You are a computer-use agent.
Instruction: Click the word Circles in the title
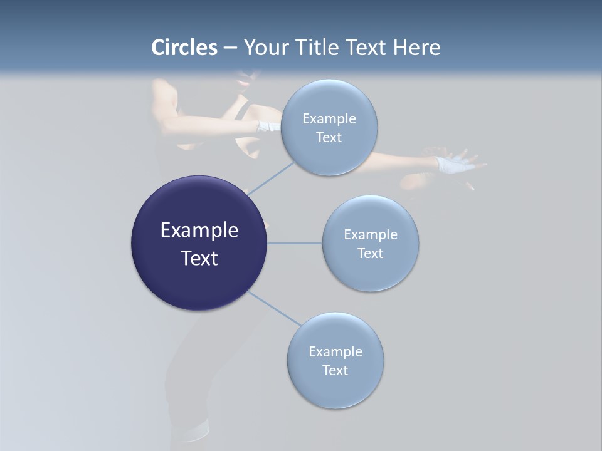[x=184, y=48]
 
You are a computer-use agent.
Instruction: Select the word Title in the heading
[x=316, y=48]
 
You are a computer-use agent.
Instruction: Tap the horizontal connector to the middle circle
[x=294, y=243]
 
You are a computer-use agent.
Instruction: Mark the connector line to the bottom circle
[x=274, y=308]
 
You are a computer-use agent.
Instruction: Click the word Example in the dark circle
[x=199, y=231]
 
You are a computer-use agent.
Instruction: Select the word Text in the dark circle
[x=199, y=258]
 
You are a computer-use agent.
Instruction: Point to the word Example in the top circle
[x=329, y=118]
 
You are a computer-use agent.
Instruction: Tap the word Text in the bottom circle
[x=335, y=370]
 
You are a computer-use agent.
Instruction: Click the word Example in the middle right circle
[x=371, y=235]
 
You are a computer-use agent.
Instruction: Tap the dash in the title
[x=230, y=48]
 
